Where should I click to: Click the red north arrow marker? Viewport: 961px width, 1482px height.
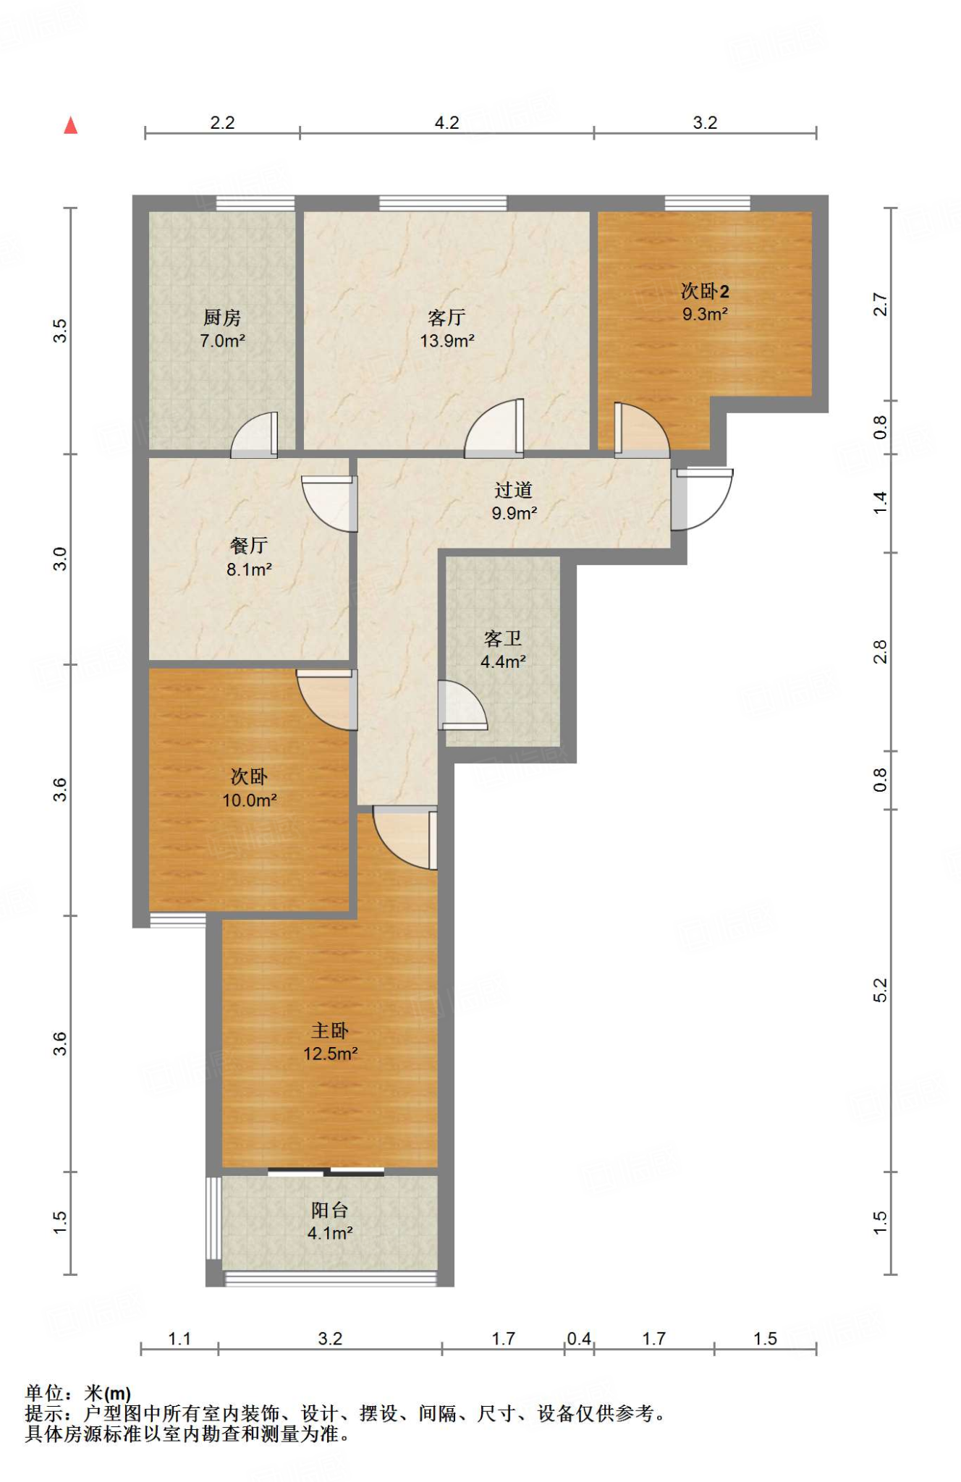(x=70, y=126)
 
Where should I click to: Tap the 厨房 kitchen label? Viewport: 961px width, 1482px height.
(x=222, y=318)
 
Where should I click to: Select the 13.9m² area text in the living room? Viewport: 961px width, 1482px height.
(x=447, y=341)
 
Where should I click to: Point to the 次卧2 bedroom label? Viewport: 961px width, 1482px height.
(x=705, y=291)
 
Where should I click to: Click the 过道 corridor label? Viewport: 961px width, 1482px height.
(x=514, y=490)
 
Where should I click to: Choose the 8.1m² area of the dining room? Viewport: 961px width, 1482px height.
(x=249, y=569)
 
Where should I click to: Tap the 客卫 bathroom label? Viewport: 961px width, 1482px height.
(x=503, y=638)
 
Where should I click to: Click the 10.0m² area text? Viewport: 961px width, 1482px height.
(x=249, y=800)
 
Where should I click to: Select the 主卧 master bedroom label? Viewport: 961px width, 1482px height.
(x=330, y=1030)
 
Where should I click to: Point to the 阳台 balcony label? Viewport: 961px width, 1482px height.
(x=330, y=1210)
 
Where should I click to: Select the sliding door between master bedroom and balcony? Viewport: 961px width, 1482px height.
(x=326, y=1172)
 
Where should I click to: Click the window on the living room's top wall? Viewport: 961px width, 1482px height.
(x=443, y=203)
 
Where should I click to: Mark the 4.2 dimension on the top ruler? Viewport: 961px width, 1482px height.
(x=447, y=123)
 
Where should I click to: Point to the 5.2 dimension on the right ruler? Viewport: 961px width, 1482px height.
(x=880, y=990)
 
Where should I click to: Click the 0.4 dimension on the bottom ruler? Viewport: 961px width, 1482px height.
(x=579, y=1339)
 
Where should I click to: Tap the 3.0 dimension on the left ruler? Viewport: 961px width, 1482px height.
(x=60, y=559)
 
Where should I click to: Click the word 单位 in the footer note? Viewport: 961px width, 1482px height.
(x=45, y=1393)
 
